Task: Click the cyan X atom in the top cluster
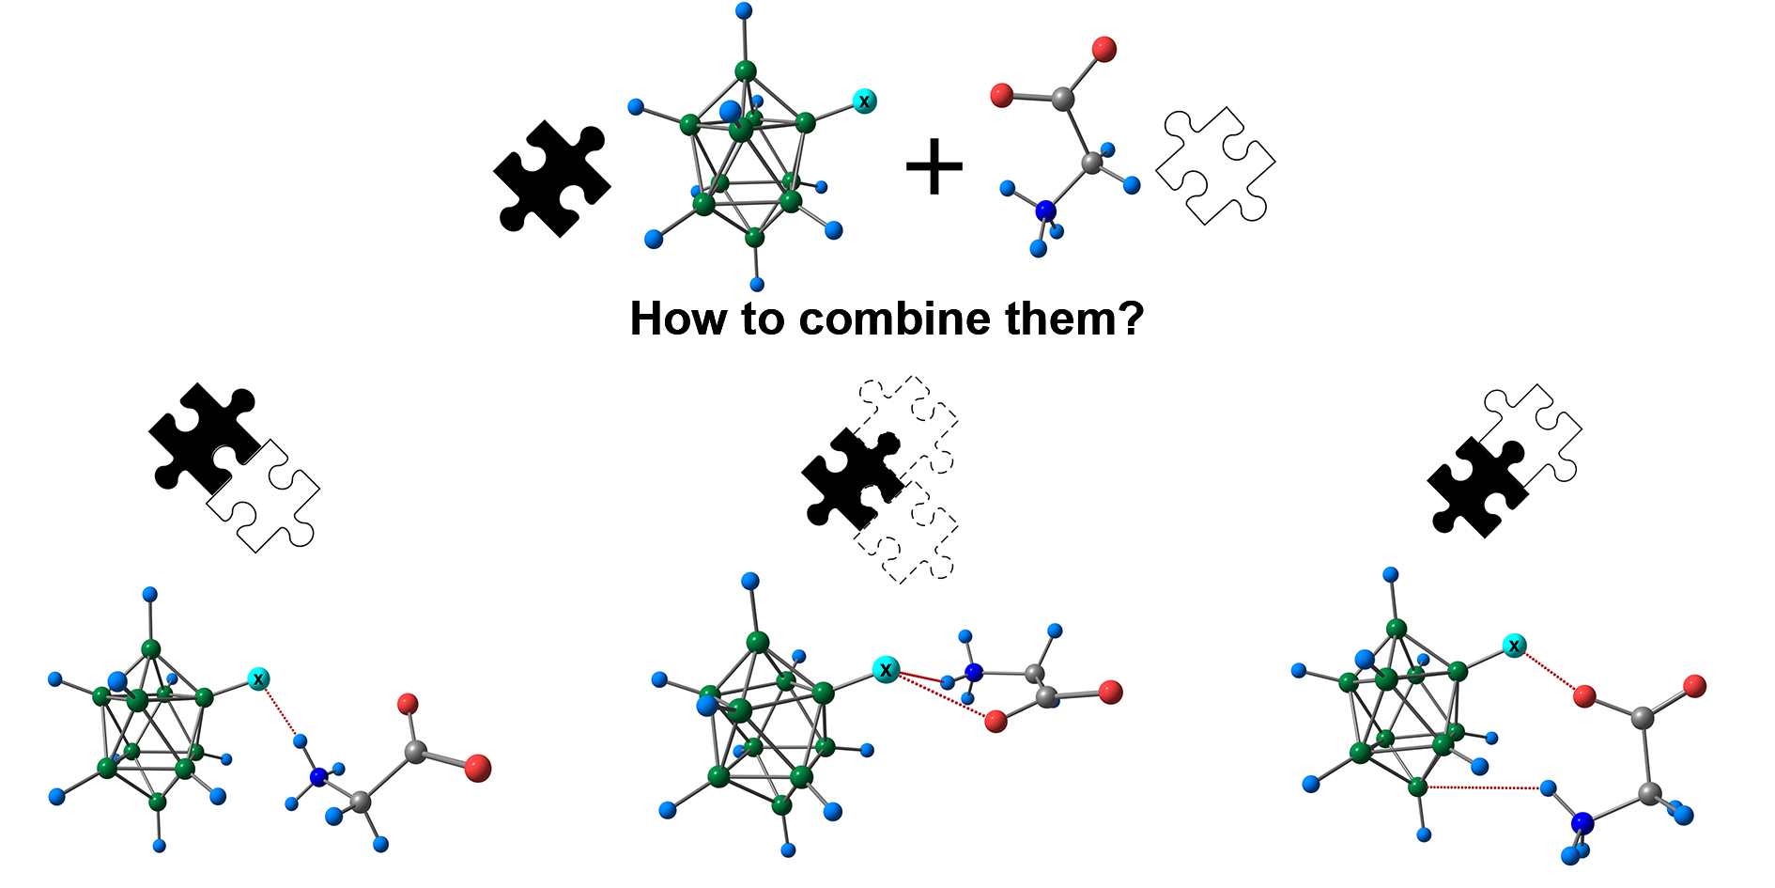[x=864, y=101]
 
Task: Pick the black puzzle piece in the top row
[x=551, y=178]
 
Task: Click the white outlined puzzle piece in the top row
[x=1214, y=166]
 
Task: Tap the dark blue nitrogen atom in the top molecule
[x=1045, y=211]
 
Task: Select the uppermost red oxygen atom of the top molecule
[x=1104, y=49]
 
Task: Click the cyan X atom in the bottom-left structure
[x=258, y=678]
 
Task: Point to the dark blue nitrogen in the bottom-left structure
[x=318, y=776]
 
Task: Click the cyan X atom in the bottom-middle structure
[x=885, y=669]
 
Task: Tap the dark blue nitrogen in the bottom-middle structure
[x=973, y=673]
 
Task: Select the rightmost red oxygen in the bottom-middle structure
[x=1110, y=693]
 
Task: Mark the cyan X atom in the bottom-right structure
[x=1514, y=646]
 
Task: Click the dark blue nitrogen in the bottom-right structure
[x=1582, y=823]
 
